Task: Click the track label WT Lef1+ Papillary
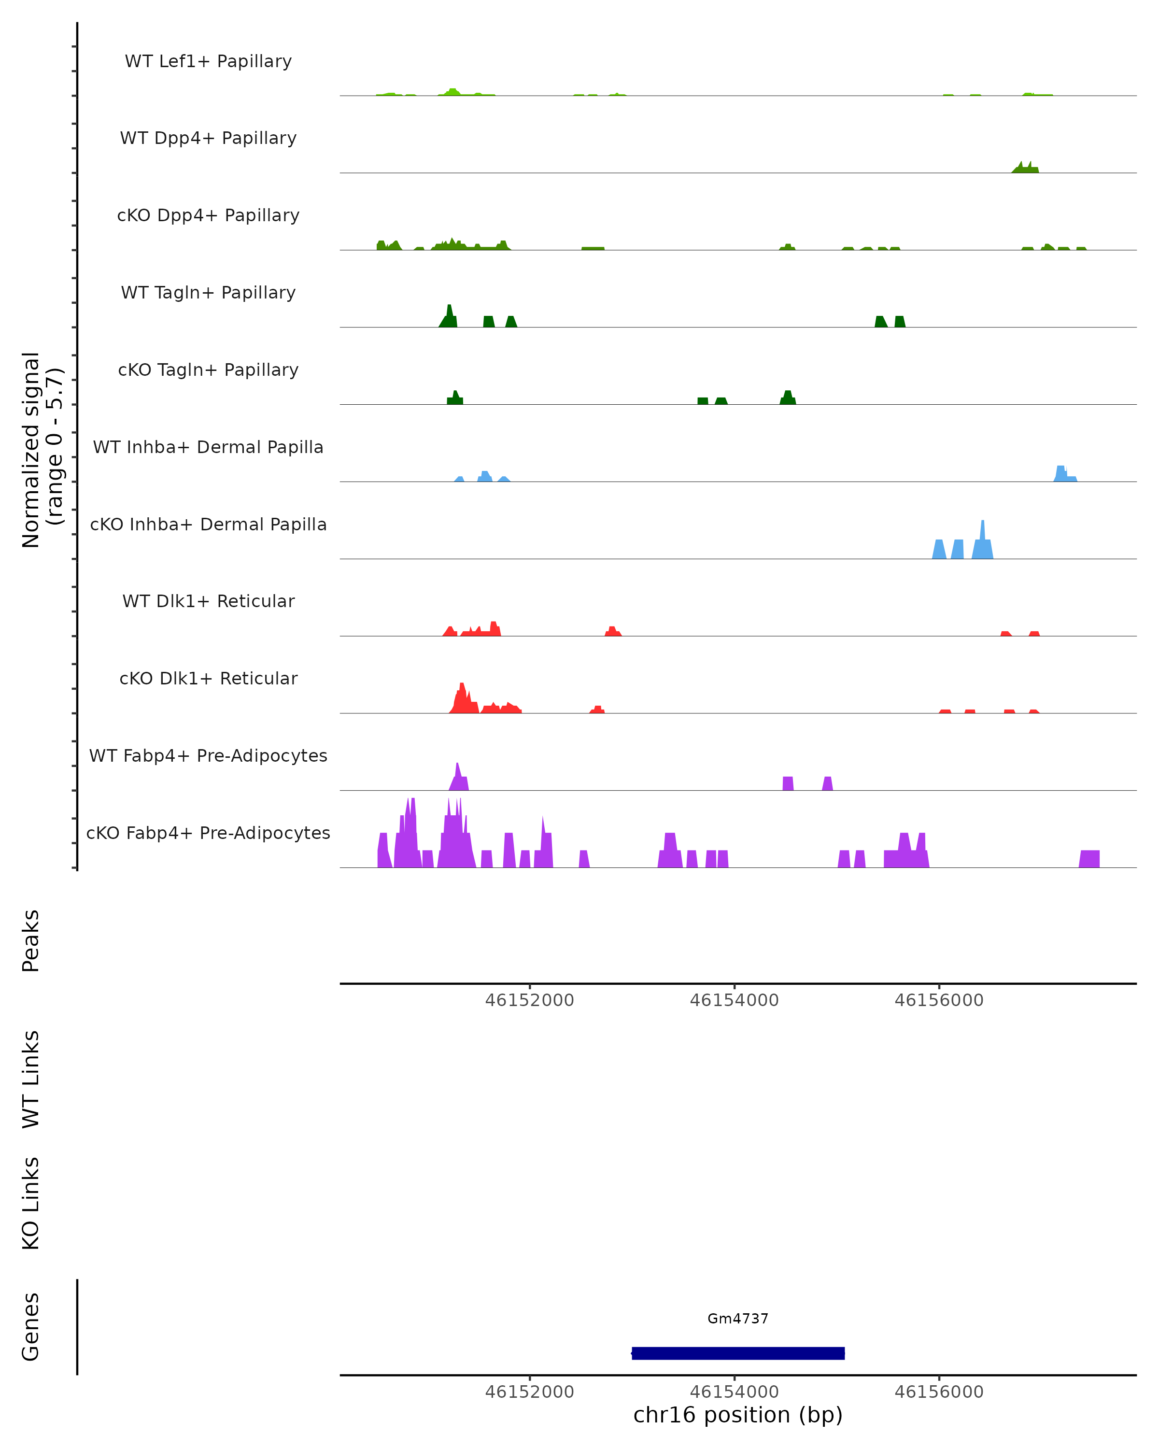pos(208,61)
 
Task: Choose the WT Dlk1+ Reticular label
pos(208,601)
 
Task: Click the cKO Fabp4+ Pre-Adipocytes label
pos(208,833)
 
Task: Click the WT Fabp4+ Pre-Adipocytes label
pos(208,755)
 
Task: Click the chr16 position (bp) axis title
pos(738,1415)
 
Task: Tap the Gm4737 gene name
pos(738,1319)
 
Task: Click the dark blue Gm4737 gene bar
pos(738,1353)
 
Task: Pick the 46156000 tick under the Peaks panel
pos(939,1000)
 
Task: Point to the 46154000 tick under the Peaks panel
pos(735,1000)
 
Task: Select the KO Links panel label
pos(31,1203)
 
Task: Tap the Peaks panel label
pos(31,940)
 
